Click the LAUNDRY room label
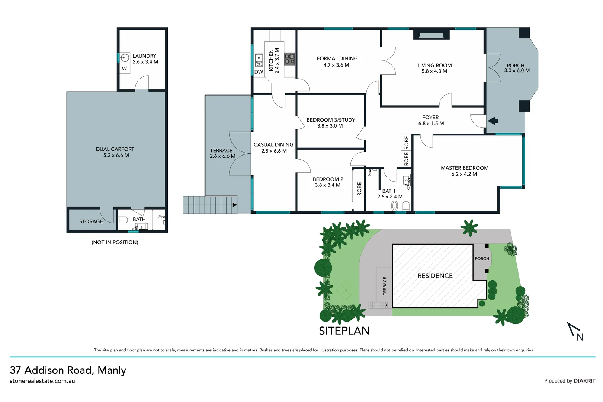click(144, 56)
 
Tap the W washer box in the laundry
click(124, 68)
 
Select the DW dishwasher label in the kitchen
click(259, 72)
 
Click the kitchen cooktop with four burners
click(289, 59)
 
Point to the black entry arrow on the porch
click(493, 121)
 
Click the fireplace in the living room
click(431, 35)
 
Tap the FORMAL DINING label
click(337, 58)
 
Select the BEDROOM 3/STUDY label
click(331, 120)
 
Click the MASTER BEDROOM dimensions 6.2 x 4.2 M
click(464, 174)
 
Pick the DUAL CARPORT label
click(115, 149)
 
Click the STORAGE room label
click(91, 221)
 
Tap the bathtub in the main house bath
click(395, 206)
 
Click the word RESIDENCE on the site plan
click(435, 276)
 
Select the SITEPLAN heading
click(344, 331)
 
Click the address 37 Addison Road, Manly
click(68, 370)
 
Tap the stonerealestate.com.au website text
click(42, 381)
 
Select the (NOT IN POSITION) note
click(115, 242)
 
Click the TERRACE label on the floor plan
click(221, 150)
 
